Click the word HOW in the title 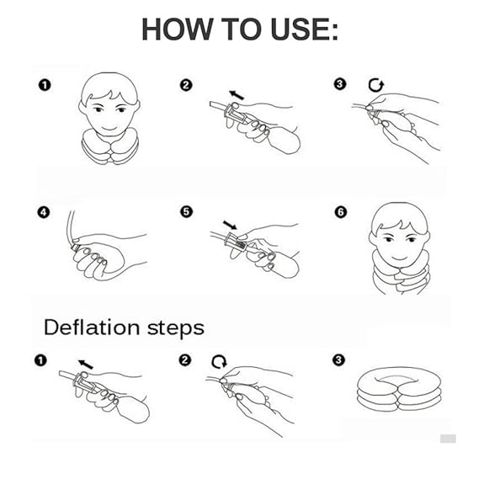point(177,29)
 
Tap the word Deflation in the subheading point(92,327)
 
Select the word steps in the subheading point(176,328)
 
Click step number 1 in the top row point(45,85)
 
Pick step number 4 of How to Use point(44,212)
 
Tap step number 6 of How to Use point(341,212)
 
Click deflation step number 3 point(338,359)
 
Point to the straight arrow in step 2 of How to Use point(237,95)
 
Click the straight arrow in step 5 point(230,225)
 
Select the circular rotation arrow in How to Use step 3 point(375,85)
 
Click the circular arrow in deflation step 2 point(220,362)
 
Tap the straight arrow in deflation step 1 point(86,365)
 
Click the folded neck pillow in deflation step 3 point(399,390)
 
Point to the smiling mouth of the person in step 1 point(109,128)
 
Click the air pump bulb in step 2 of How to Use point(284,139)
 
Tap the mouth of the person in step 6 point(399,258)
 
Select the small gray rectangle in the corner point(448,439)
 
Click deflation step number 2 point(185,359)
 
